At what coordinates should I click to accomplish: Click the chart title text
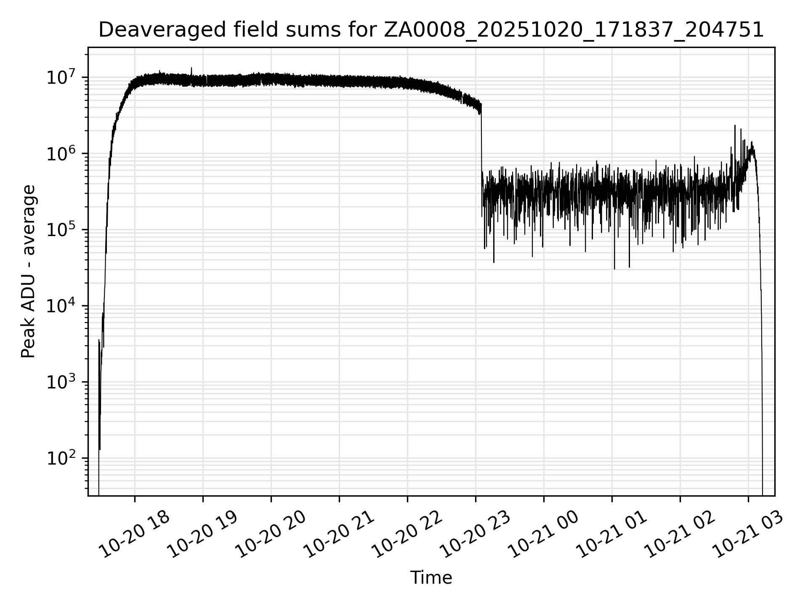[431, 30]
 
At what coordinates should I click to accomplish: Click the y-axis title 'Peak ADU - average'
[29, 271]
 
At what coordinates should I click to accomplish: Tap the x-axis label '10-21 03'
[747, 535]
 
